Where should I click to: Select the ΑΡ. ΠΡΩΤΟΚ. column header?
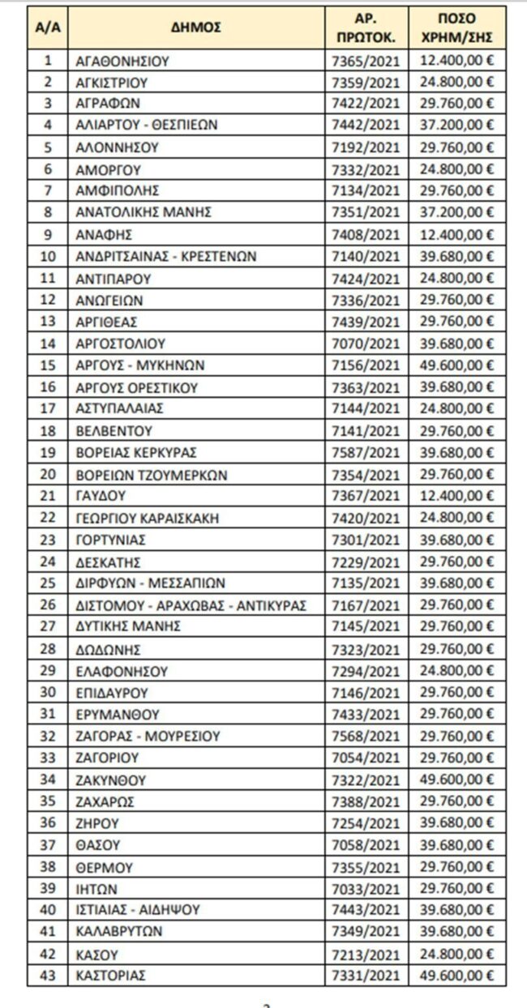point(366,28)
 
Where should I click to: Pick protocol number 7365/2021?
point(366,60)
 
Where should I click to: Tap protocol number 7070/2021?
point(366,344)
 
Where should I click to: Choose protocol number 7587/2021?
point(366,452)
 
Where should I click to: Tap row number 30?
point(47,691)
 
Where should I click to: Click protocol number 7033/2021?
point(366,888)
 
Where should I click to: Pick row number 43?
point(47,974)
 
